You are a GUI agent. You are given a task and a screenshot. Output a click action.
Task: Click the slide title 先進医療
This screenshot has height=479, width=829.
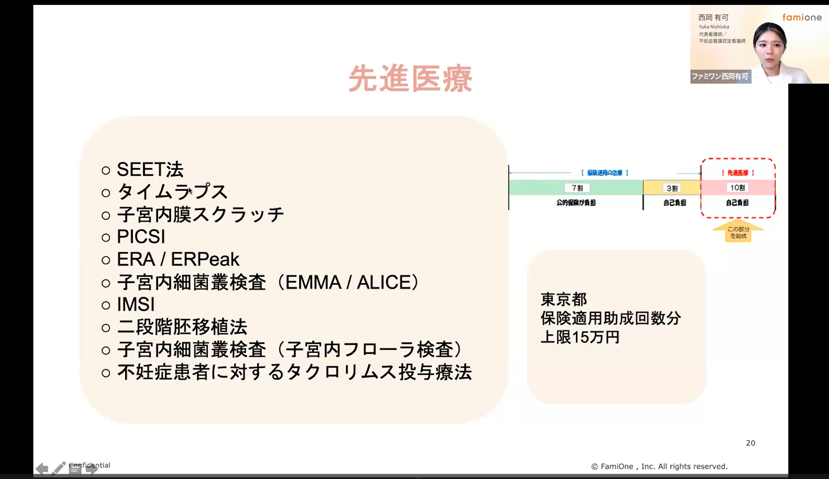410,78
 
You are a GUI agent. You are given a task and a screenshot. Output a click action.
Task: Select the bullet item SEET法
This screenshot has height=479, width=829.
150,169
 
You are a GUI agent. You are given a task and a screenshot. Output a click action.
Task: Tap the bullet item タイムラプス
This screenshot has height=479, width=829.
172,192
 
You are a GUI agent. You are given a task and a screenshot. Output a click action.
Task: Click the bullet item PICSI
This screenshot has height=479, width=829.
141,237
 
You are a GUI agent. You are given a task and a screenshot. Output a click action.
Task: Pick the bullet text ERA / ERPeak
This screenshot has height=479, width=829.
178,259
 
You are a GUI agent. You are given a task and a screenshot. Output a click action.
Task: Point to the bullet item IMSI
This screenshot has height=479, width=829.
136,305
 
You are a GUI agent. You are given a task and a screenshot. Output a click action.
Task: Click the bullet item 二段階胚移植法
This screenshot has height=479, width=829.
182,327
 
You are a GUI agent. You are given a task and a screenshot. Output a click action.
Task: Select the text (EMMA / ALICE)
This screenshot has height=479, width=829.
348,282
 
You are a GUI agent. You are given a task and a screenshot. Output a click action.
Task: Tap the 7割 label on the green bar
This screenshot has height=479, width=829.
577,188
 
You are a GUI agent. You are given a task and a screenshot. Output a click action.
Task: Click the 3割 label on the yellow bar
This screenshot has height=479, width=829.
672,188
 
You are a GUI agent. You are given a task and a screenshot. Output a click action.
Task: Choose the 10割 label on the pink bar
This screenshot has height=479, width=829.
738,188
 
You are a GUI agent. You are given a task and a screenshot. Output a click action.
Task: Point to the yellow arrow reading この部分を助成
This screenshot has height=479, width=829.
738,232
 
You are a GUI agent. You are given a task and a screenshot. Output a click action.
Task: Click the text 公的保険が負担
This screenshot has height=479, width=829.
576,203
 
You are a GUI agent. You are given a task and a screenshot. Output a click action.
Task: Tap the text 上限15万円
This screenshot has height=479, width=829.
580,337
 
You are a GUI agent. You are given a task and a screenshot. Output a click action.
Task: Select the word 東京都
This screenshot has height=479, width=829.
564,299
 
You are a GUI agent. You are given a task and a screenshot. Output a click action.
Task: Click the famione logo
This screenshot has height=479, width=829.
802,17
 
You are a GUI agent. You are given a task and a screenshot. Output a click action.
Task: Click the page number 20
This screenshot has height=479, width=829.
750,443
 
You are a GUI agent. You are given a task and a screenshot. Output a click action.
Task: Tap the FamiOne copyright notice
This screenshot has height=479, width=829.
659,466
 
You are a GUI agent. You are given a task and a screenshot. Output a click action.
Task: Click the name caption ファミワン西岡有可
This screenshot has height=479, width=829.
720,76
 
